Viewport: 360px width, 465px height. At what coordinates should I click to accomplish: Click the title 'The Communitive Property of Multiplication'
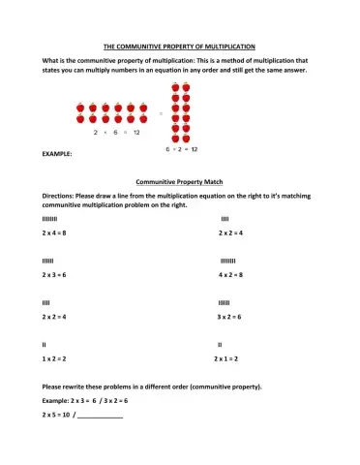(179, 46)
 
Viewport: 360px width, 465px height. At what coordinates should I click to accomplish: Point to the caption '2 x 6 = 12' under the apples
(115, 131)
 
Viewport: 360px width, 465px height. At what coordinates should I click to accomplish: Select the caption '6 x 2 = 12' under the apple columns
(181, 149)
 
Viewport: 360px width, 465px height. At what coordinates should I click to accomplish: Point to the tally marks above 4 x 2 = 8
(228, 261)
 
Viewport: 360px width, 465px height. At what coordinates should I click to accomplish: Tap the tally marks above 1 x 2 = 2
(45, 344)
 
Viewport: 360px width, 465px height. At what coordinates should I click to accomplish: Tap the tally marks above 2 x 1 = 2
(220, 344)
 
